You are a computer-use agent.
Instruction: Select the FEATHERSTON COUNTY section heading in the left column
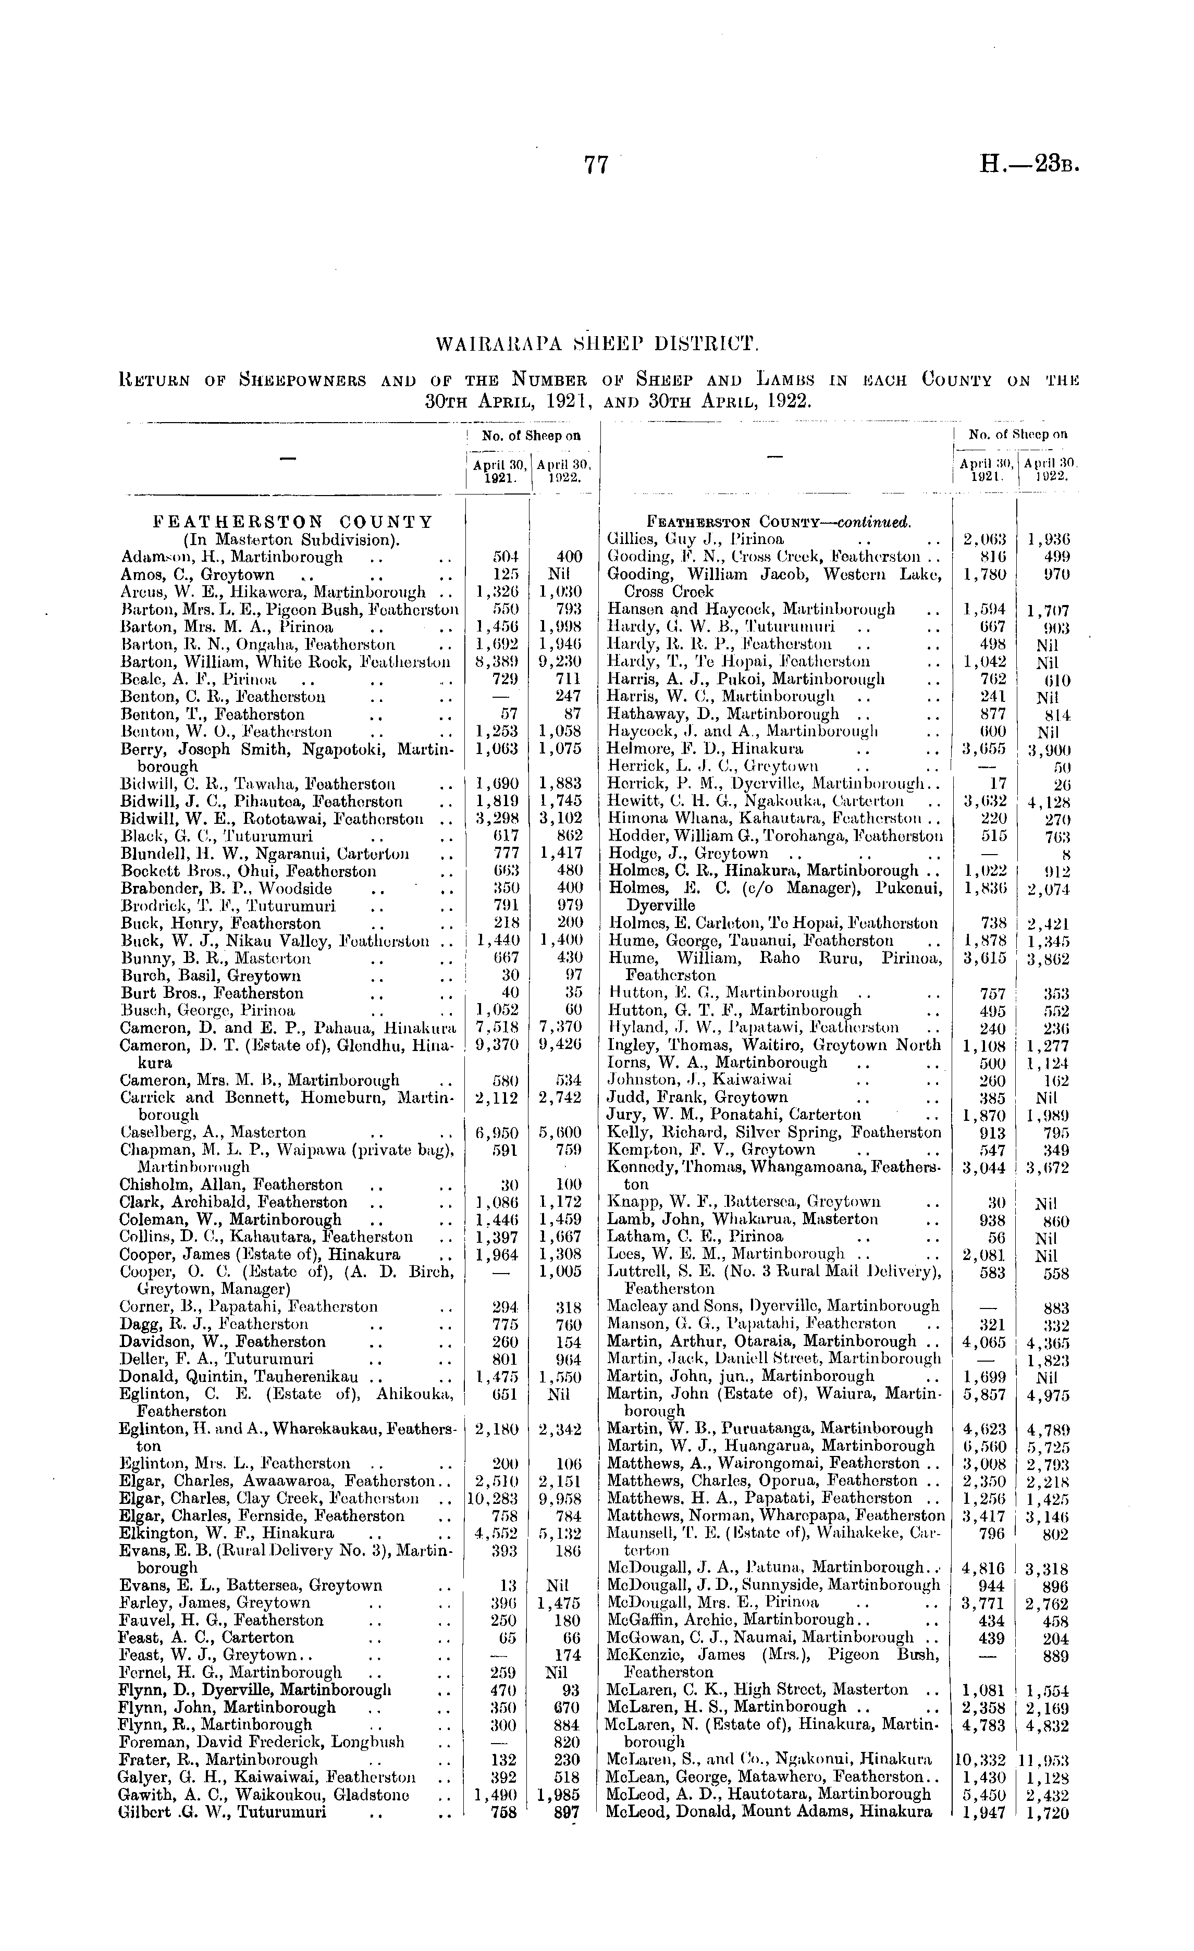293,522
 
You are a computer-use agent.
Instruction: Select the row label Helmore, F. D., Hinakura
706,748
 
